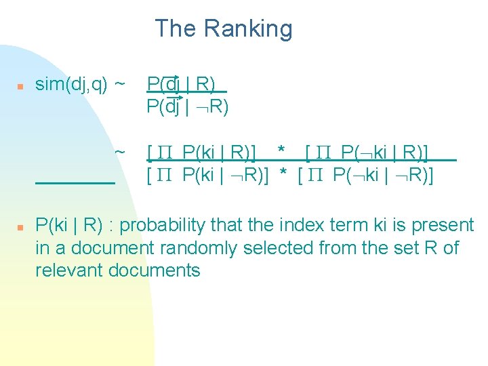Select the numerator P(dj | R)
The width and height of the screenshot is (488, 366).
182,84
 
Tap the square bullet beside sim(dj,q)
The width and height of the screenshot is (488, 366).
20,86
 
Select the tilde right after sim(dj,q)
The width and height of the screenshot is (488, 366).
119,84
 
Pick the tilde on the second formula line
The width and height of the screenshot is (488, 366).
119,151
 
